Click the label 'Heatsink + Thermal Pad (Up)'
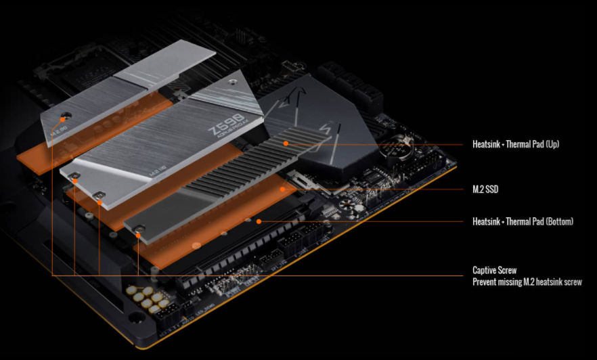(516, 144)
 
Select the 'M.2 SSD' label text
(485, 189)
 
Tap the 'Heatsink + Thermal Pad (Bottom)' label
(523, 221)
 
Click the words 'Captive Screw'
(495, 271)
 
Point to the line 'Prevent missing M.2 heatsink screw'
(527, 282)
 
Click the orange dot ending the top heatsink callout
(286, 143)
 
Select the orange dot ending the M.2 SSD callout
(283, 189)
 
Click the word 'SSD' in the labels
(491, 189)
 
